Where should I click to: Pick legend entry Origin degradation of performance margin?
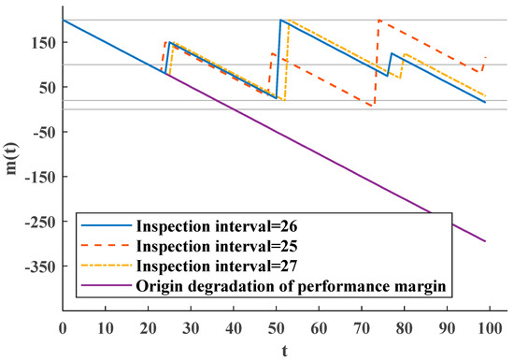(x=280, y=285)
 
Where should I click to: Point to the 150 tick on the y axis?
(x=44, y=42)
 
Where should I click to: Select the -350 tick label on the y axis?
(x=39, y=266)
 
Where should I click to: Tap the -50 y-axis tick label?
(x=43, y=132)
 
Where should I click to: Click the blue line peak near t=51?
(x=281, y=20)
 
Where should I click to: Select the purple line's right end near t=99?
(x=486, y=241)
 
